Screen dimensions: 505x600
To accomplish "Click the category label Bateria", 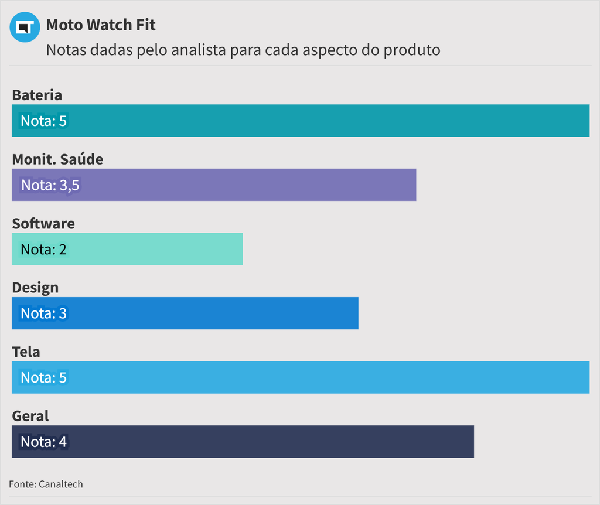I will point(37,95).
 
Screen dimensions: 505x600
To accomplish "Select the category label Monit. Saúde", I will point(57,159).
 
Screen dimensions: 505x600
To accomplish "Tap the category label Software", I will point(43,224).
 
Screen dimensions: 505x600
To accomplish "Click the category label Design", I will point(35,288).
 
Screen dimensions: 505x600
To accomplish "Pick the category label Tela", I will point(26,352).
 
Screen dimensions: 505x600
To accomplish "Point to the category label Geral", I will point(30,416).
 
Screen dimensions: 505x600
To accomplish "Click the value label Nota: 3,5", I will point(50,185).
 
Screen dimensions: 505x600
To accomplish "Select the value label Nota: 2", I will point(44,250).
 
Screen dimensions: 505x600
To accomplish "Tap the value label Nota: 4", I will point(44,442).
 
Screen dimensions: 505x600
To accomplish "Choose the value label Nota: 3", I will point(44,313).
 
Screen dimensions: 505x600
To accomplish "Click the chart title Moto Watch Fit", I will point(101,25).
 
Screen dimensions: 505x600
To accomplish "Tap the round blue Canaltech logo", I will point(25,27).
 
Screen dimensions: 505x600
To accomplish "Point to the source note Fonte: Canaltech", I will point(46,484).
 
